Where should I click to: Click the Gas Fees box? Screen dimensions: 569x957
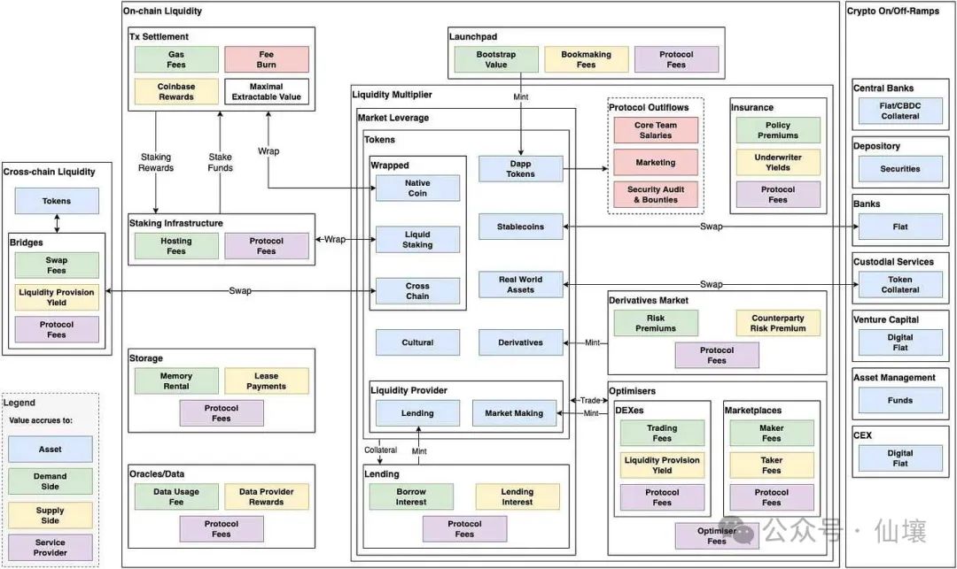[x=176, y=59]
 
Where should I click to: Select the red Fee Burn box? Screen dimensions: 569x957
[x=267, y=59]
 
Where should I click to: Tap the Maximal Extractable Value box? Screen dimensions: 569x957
[x=267, y=91]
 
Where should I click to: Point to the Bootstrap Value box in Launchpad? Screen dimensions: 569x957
[x=495, y=59]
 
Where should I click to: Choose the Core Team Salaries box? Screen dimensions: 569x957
[x=656, y=130]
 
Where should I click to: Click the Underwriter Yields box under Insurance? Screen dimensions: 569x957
[x=777, y=162]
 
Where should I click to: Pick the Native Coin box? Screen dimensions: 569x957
[x=417, y=188]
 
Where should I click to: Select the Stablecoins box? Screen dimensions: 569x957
[x=520, y=227]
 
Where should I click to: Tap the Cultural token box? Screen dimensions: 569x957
[x=417, y=342]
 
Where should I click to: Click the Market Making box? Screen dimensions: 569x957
[x=514, y=413]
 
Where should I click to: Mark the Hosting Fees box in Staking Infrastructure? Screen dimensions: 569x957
[x=176, y=246]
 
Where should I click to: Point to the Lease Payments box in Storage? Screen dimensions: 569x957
[x=267, y=381]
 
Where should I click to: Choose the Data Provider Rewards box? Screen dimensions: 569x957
[x=267, y=496]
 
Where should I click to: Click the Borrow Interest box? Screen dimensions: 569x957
[x=411, y=496]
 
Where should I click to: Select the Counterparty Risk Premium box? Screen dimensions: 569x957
[x=778, y=323]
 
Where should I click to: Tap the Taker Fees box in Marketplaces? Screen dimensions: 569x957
[x=771, y=465]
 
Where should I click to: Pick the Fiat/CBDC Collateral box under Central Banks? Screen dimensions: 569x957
[x=900, y=111]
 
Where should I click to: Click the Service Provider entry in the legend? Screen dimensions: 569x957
[x=51, y=547]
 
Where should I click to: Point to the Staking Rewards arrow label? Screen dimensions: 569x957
[x=156, y=162]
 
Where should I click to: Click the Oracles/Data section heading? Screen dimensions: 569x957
[x=157, y=473]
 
